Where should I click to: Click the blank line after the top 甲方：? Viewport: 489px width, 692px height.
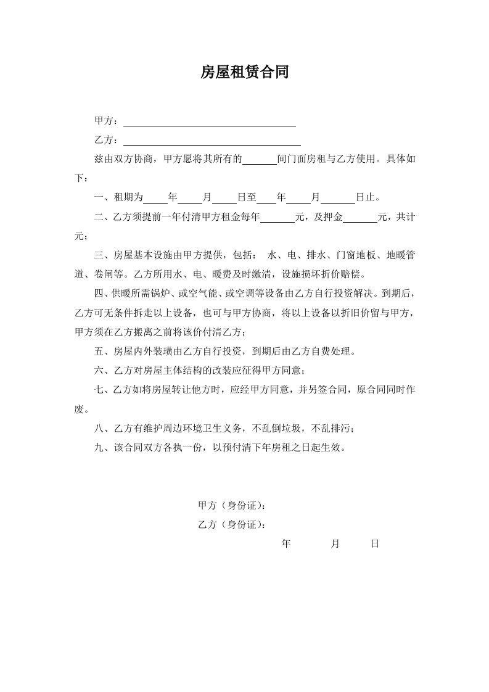click(x=210, y=122)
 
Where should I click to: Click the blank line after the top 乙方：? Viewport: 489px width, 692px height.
click(x=212, y=141)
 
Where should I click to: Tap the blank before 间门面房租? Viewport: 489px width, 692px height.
click(x=260, y=160)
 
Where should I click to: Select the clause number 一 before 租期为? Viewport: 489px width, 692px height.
click(x=99, y=198)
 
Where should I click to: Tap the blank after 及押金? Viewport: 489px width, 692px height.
click(x=360, y=218)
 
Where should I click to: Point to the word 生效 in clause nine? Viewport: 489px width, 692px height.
click(x=335, y=448)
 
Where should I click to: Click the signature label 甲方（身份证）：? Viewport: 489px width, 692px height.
click(x=232, y=506)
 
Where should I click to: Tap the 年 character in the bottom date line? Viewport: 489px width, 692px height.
click(x=286, y=544)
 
